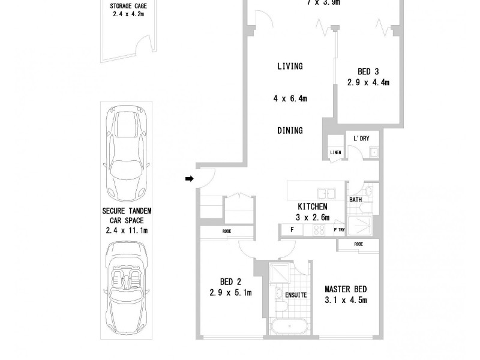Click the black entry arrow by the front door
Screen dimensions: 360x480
tap(189, 178)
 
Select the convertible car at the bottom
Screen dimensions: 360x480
tap(127, 279)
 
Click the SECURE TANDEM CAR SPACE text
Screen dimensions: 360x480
tap(127, 220)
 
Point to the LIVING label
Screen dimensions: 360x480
tap(290, 67)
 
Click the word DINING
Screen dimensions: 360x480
tap(290, 130)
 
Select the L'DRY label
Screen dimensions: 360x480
tap(361, 139)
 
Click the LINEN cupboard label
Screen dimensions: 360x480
tap(335, 153)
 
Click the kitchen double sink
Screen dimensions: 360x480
tap(326, 193)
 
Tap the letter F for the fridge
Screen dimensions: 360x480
tap(292, 230)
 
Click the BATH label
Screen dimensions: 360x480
tap(355, 200)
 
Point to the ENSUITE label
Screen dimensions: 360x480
tap(296, 295)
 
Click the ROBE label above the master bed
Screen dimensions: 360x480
tap(358, 244)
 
